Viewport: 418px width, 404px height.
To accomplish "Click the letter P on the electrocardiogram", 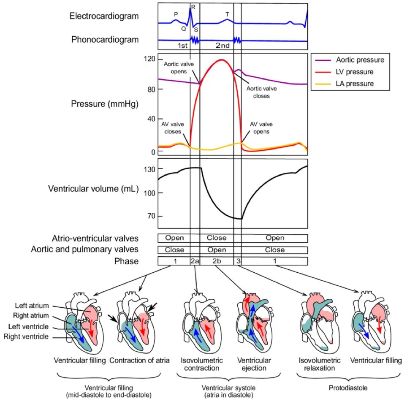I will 176,14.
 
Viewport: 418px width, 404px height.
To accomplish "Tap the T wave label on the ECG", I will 227,14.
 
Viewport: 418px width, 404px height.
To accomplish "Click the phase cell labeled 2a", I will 195,261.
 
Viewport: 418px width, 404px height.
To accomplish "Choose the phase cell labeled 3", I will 238,261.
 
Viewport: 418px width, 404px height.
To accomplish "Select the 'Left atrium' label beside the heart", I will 32,306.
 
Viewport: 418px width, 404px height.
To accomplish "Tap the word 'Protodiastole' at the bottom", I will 349,388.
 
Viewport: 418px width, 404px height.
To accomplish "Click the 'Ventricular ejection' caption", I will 254,364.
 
